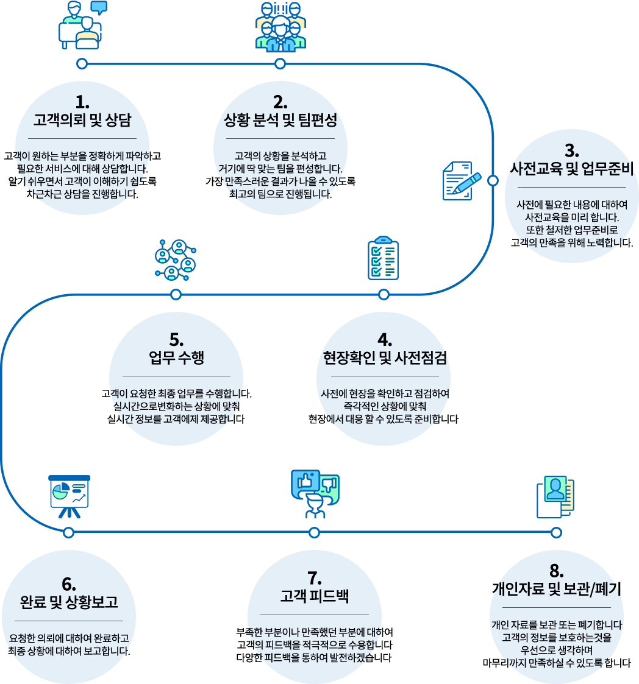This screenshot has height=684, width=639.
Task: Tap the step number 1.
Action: (x=82, y=102)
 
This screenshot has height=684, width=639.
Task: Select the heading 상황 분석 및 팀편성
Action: (x=280, y=121)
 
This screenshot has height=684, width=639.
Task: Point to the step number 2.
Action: (x=280, y=102)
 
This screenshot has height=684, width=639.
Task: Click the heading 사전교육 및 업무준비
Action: (x=571, y=168)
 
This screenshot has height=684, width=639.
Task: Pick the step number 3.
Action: (x=571, y=150)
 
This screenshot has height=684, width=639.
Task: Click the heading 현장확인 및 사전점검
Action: (x=385, y=358)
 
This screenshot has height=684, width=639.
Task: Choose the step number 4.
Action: (x=385, y=340)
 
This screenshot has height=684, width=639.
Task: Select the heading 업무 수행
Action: (x=176, y=358)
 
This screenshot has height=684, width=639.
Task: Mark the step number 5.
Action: (x=176, y=339)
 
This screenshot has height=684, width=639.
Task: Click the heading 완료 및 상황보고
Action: (x=69, y=602)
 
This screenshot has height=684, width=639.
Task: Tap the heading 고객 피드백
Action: (x=314, y=596)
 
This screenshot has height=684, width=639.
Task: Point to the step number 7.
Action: (x=314, y=578)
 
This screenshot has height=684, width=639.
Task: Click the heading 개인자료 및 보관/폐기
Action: (x=556, y=588)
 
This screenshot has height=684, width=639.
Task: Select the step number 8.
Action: (x=556, y=571)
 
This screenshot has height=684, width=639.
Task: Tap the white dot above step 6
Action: (x=68, y=532)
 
